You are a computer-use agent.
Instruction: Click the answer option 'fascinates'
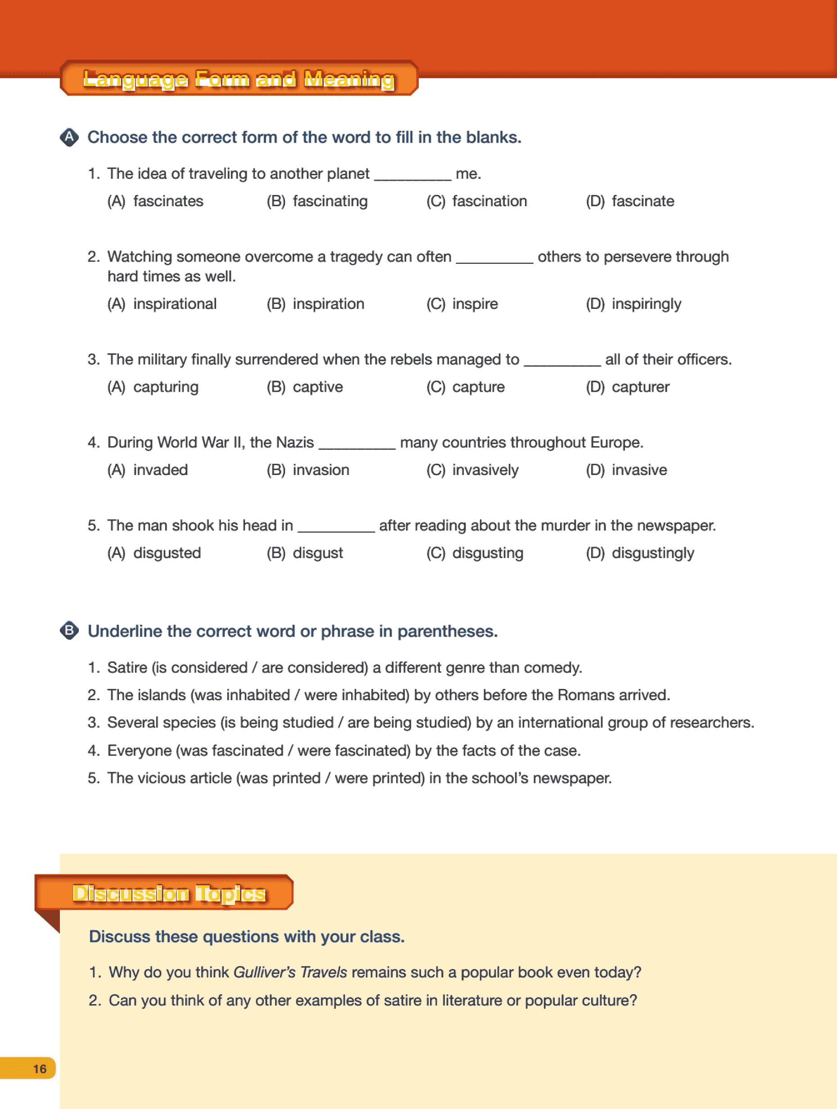click(x=168, y=202)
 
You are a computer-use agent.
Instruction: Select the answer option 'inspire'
click(x=475, y=304)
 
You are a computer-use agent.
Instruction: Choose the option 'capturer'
click(x=640, y=388)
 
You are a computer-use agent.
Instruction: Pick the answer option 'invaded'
click(x=160, y=470)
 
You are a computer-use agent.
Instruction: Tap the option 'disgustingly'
click(x=652, y=553)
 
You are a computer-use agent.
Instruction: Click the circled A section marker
click(x=69, y=137)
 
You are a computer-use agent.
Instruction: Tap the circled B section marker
click(x=69, y=631)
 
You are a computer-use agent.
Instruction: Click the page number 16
click(x=40, y=1068)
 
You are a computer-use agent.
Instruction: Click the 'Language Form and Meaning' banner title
click(x=239, y=79)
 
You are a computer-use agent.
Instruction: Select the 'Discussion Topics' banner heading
click(x=169, y=893)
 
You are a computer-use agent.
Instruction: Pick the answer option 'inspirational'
click(x=174, y=304)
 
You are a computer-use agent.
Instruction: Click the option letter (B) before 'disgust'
click(x=276, y=553)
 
